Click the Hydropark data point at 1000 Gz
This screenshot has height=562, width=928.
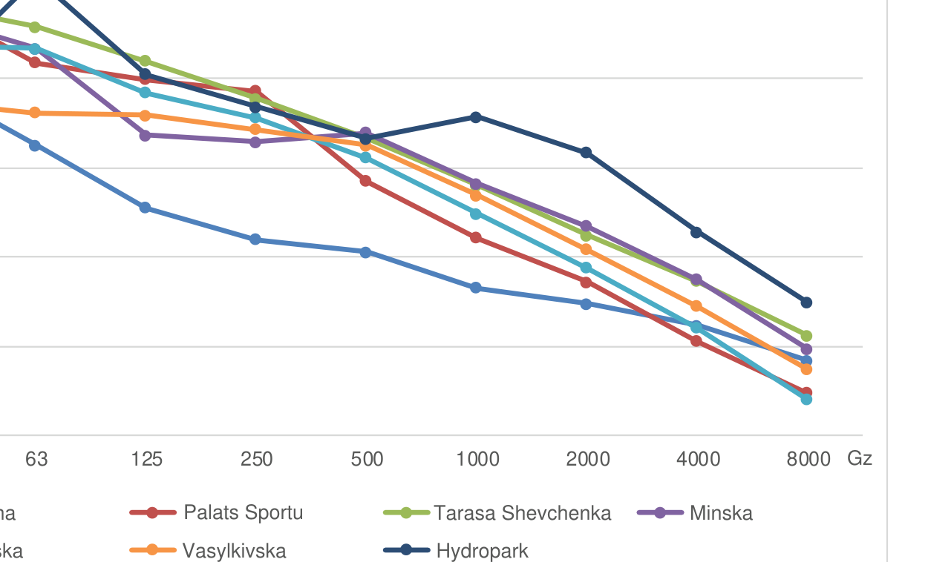click(x=476, y=116)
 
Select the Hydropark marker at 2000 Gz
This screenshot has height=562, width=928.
click(x=586, y=152)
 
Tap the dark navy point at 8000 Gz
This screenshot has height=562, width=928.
click(x=806, y=302)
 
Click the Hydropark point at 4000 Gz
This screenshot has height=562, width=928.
click(x=696, y=232)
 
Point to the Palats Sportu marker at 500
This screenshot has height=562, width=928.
click(x=365, y=180)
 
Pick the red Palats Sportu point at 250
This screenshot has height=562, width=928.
click(x=255, y=90)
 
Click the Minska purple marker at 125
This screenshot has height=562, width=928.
click(x=146, y=135)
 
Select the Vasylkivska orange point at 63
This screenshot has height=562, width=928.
click(x=35, y=113)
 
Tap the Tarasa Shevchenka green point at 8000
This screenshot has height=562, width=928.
click(x=806, y=335)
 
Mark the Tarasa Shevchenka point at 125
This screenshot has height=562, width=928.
click(x=146, y=61)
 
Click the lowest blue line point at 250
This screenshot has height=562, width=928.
click(x=255, y=239)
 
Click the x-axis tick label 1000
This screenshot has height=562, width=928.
click(x=477, y=459)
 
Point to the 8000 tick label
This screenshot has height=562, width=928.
click(x=808, y=459)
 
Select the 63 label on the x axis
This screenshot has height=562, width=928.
click(x=36, y=459)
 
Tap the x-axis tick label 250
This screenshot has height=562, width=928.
click(x=257, y=459)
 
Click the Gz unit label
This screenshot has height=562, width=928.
click(x=860, y=458)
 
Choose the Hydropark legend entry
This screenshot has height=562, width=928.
click(x=482, y=551)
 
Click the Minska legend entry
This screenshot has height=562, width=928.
click(x=720, y=512)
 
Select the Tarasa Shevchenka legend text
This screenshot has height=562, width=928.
click(x=522, y=512)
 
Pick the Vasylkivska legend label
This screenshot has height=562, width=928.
click(x=234, y=551)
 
